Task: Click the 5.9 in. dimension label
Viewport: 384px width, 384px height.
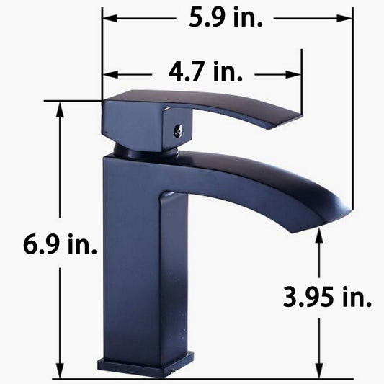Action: coord(226,18)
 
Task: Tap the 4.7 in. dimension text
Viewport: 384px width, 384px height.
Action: coord(205,71)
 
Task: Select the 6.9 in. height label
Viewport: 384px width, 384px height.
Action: coord(60,244)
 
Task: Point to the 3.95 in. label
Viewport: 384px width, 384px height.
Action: coord(327,297)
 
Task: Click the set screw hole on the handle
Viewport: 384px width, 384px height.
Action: coord(178,130)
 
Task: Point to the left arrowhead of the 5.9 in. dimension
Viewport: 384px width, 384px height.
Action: coord(110,18)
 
